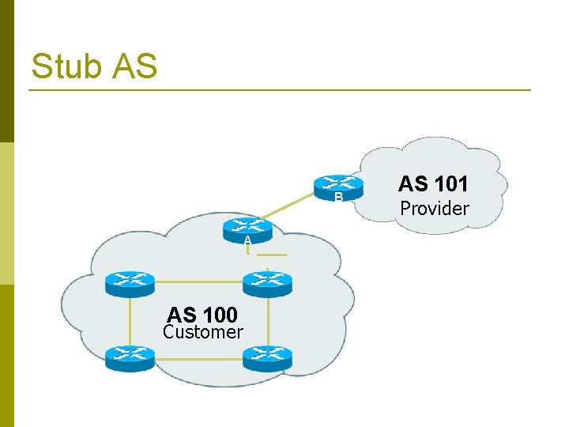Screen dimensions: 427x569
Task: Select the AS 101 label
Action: [433, 184]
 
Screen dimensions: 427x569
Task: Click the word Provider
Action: [434, 209]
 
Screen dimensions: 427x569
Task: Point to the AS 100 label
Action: [202, 316]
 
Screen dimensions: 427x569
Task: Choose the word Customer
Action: [202, 332]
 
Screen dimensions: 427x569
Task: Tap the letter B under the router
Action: [337, 198]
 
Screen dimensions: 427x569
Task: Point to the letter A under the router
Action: [247, 240]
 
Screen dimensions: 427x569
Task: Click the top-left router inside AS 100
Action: [130, 281]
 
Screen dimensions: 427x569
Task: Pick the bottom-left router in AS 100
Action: [130, 358]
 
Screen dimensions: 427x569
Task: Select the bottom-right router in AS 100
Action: [267, 358]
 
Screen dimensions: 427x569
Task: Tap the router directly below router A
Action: [267, 281]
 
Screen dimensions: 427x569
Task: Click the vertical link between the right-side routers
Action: [268, 320]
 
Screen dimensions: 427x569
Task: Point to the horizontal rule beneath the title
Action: [280, 90]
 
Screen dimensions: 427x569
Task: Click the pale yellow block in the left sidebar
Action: [6, 213]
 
